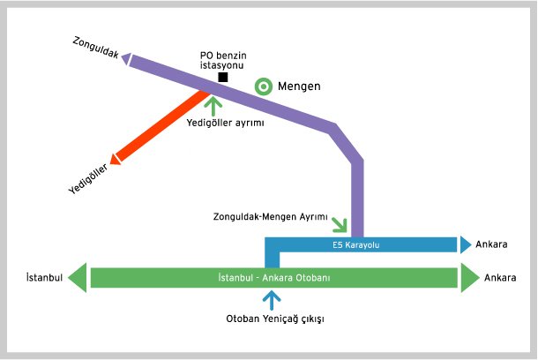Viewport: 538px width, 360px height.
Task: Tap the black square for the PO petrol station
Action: [x=223, y=78]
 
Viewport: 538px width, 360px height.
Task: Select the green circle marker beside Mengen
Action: [x=263, y=86]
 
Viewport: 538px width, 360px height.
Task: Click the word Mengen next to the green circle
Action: [x=299, y=86]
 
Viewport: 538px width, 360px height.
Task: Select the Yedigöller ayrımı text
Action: [x=226, y=123]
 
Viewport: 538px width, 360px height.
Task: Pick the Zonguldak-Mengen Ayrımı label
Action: [x=270, y=216]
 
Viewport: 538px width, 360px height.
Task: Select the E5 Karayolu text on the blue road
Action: [x=355, y=244]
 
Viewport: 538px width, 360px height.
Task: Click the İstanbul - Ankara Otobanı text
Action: [x=273, y=278]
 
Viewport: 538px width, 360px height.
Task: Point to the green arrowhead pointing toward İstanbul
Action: [x=78, y=278]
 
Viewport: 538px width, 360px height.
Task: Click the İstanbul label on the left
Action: [x=44, y=278]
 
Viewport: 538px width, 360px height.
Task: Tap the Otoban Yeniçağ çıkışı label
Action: [x=276, y=319]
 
